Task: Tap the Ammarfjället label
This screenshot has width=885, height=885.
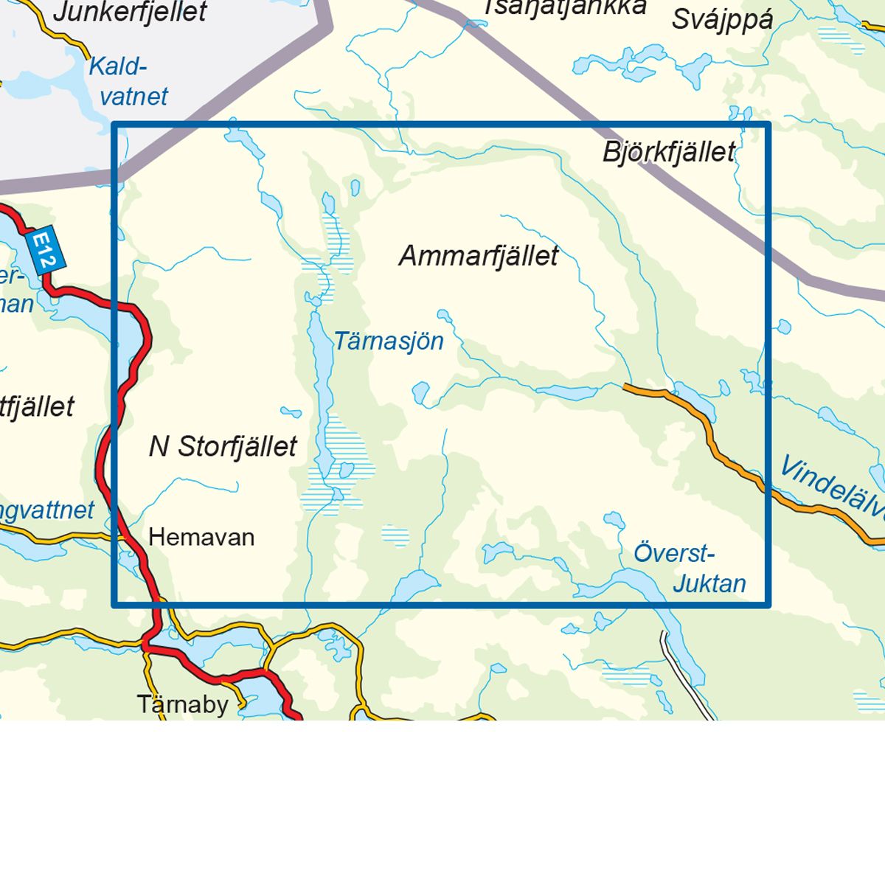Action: tap(479, 256)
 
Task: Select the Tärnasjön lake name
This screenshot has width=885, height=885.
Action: tap(389, 341)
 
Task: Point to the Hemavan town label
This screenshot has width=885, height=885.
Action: tap(201, 537)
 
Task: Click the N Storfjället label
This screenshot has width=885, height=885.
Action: tap(223, 446)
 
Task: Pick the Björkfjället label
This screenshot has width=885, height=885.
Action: tap(669, 152)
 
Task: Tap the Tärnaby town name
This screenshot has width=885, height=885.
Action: tap(183, 704)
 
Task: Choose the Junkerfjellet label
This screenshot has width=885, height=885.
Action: tap(130, 12)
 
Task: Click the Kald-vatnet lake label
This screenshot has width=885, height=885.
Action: tap(127, 81)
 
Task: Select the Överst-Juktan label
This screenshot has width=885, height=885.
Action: tap(690, 569)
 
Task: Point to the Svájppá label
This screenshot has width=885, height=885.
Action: tap(722, 19)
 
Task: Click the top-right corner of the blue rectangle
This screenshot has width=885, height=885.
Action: tap(768, 124)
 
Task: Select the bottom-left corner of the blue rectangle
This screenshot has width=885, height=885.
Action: tap(114, 605)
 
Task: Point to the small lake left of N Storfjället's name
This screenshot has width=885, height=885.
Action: tap(291, 412)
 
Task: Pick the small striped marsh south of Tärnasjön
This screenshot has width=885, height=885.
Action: tap(396, 535)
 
